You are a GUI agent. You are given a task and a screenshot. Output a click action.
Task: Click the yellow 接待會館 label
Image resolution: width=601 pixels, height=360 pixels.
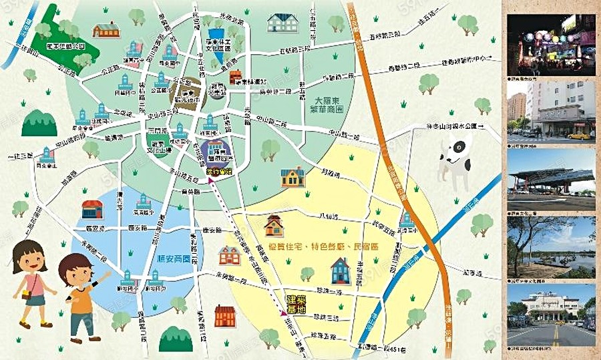pyautogui.click(x=218, y=171)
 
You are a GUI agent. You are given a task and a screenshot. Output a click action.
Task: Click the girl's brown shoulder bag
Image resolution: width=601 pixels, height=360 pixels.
pyautogui.click(x=26, y=294)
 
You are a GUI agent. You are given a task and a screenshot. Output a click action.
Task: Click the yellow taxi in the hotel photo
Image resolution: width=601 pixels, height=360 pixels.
pyautogui.click(x=579, y=136)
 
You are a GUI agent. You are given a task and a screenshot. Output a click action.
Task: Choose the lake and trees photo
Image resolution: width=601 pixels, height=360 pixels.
pyautogui.click(x=551, y=246)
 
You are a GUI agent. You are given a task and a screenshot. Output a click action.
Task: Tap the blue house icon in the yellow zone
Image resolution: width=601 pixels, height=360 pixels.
pyautogui.click(x=340, y=271)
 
